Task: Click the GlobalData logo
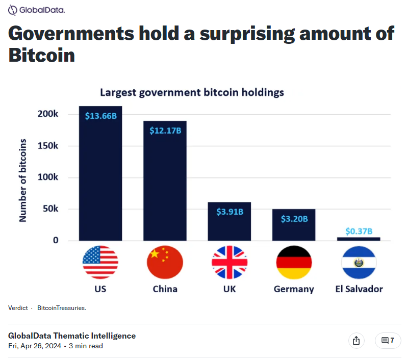tap(36, 10)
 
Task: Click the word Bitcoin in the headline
tap(42, 55)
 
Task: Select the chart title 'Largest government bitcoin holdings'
tap(192, 92)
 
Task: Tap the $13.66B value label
tap(101, 116)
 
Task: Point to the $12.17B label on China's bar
tap(165, 131)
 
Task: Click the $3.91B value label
tap(230, 212)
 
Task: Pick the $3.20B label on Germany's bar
tap(294, 219)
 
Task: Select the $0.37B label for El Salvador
tap(359, 231)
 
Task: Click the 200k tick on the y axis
tap(48, 114)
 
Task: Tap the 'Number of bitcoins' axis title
tap(23, 180)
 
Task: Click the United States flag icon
tap(100, 262)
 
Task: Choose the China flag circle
tap(165, 262)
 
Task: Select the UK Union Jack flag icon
tap(230, 262)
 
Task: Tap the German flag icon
tap(294, 262)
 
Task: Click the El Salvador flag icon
tap(359, 262)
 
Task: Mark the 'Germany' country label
tap(294, 289)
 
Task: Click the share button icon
tap(357, 340)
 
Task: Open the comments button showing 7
tap(388, 340)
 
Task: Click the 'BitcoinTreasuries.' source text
tap(62, 308)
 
